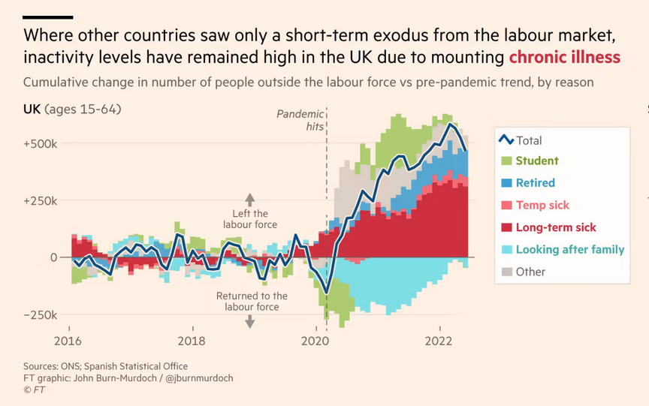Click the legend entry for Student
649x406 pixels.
click(536, 161)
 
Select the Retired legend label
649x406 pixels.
click(535, 182)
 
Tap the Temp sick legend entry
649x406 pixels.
click(542, 205)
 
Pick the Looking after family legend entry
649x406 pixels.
click(569, 250)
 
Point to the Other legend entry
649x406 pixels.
click(530, 272)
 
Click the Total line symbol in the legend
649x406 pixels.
click(506, 140)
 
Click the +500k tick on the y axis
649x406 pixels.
click(41, 143)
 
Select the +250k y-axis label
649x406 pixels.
click(41, 200)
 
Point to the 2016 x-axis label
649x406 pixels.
click(69, 340)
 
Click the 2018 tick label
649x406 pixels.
click(192, 340)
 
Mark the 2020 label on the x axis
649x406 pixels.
click(315, 340)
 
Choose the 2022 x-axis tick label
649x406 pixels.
click(439, 340)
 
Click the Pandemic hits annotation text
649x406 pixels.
click(300, 120)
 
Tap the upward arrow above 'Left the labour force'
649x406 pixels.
click(250, 200)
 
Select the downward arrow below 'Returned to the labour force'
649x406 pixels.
click(250, 320)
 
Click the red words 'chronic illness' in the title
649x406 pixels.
click(564, 57)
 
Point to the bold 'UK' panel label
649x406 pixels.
click(32, 110)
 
